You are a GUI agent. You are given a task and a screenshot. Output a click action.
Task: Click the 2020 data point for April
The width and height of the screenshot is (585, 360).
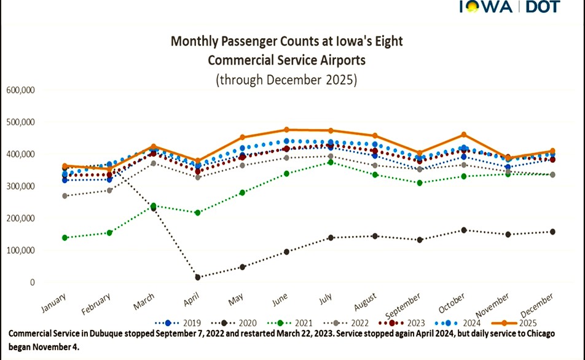pos(198,277)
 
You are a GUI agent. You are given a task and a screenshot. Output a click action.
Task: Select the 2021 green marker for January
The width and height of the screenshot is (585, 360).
pos(65,238)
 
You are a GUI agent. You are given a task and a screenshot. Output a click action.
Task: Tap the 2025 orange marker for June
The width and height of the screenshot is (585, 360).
pos(286,130)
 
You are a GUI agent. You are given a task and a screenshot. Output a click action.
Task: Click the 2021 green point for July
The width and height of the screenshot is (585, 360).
pos(331,162)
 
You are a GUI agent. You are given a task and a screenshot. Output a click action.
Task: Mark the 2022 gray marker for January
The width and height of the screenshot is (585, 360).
pos(65,196)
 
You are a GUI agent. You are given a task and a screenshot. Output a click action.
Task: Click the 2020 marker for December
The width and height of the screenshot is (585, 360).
pos(552,232)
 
